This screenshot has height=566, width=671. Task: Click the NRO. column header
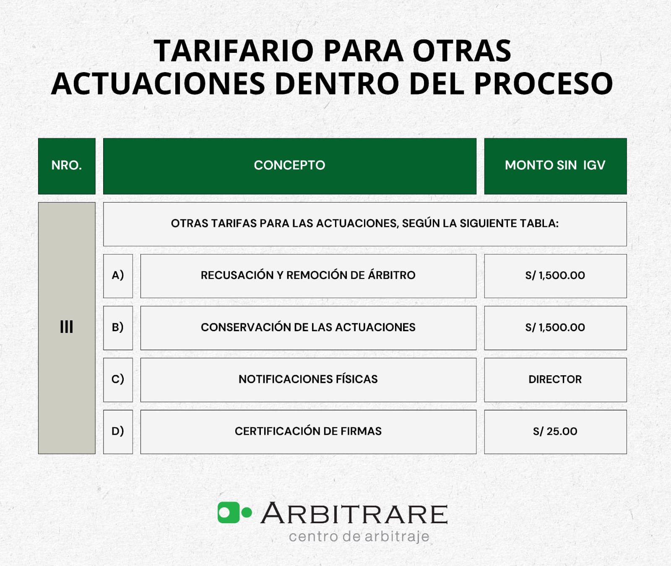[x=67, y=166]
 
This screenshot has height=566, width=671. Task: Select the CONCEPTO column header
[x=289, y=166]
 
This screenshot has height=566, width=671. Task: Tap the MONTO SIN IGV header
[x=555, y=166]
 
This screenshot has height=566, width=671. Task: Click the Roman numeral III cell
[x=67, y=327]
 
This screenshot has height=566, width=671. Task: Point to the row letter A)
[x=118, y=275]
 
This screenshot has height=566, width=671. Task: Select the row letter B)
[x=118, y=327]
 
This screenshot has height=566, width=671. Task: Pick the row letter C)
[x=118, y=379]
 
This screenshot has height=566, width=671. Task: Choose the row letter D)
[x=118, y=431]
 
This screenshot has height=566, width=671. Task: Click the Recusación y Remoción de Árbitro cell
[x=308, y=275]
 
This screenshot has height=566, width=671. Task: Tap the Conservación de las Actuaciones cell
[x=308, y=327]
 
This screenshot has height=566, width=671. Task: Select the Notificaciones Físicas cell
[x=308, y=379]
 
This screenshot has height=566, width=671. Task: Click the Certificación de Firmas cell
[x=308, y=431]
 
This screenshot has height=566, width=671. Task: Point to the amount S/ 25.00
[x=555, y=431]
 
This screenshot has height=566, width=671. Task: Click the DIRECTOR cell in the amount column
[x=555, y=379]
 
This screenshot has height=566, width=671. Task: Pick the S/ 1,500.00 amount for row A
[x=555, y=275]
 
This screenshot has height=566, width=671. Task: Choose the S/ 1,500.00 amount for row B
[x=555, y=327]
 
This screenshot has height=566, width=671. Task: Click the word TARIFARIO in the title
[x=233, y=51]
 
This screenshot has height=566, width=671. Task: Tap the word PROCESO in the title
[x=543, y=84]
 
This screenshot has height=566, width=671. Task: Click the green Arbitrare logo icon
[x=234, y=512]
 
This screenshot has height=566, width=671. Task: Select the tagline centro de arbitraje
[x=359, y=537]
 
